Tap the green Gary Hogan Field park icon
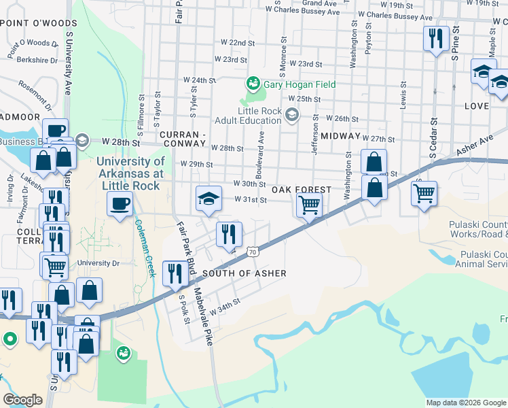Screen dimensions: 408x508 coord(253,84)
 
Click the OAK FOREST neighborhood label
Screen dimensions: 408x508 coord(301,190)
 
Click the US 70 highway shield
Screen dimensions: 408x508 coord(252,252)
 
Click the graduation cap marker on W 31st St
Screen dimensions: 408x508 coord(209,198)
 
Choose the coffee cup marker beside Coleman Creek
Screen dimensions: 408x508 coord(120,203)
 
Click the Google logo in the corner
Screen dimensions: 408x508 coord(23,400)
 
